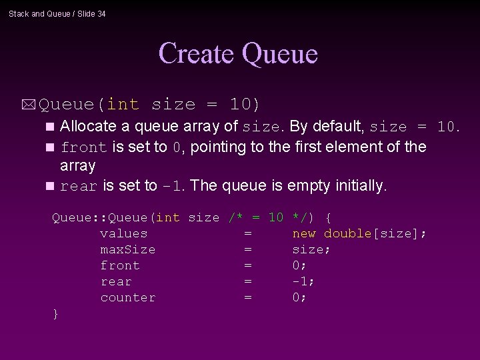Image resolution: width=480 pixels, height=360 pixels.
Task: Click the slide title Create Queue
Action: [x=238, y=53]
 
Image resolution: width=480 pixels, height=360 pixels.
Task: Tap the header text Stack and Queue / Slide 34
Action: [x=57, y=14]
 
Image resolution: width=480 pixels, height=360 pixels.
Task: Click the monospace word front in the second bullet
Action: [x=83, y=147]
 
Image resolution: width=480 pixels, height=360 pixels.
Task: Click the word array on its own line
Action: [x=77, y=165]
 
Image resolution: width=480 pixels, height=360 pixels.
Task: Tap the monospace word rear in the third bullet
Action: [x=79, y=187]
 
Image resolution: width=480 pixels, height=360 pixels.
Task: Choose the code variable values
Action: [x=123, y=233]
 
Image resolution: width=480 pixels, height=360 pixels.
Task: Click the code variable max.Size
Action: [x=127, y=249]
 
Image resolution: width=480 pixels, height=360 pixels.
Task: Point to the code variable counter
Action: [x=127, y=297]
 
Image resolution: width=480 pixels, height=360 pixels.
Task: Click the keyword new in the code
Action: [x=304, y=233]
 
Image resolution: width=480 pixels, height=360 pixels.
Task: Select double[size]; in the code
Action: [x=375, y=233]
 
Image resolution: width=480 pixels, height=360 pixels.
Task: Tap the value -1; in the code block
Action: [x=303, y=281]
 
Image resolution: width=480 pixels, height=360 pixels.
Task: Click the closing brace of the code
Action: [x=56, y=313]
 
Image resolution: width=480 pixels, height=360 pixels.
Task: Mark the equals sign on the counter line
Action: [x=248, y=297]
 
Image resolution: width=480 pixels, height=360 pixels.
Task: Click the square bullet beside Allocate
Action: [x=51, y=127]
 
